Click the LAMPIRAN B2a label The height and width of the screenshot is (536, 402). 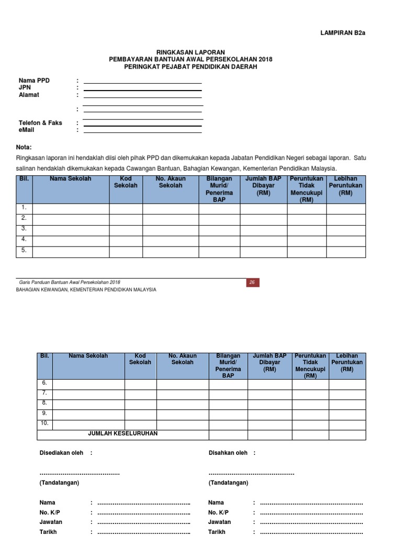coord(342,32)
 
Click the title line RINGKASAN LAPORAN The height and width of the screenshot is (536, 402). coord(191,52)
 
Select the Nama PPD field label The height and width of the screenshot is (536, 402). coord(34,81)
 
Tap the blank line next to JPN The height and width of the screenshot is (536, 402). coord(142,90)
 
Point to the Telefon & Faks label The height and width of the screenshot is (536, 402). coord(40,123)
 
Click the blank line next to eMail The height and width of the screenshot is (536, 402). coord(142,132)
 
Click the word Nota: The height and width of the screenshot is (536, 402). coord(28,147)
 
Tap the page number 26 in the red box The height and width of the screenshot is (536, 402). coord(252,283)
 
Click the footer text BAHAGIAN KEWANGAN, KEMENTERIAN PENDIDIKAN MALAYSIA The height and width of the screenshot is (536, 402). coord(86,290)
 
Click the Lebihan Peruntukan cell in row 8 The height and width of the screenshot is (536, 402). coord(347,404)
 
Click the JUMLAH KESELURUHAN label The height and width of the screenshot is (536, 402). coord(123,434)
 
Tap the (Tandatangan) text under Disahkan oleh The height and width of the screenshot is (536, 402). coord(228,483)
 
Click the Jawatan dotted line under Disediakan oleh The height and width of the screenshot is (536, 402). coord(143,522)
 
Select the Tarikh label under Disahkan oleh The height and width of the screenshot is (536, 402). coord(217,532)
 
